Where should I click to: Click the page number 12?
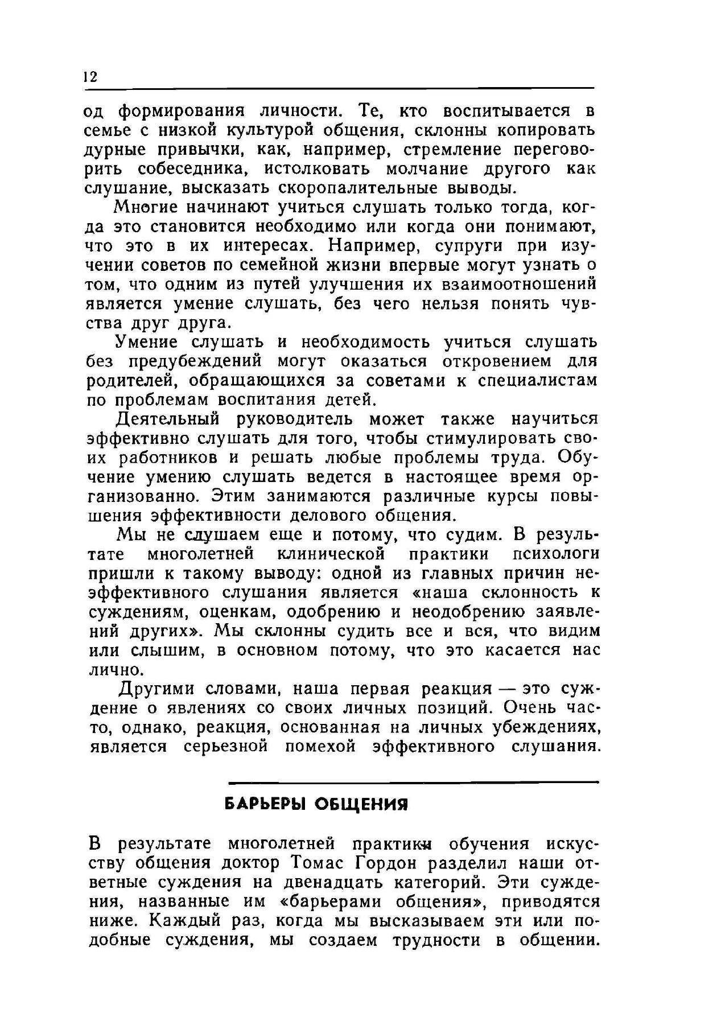[90, 77]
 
